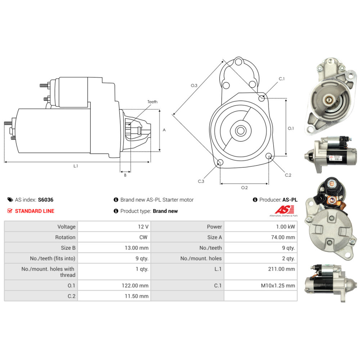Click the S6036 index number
[45, 200]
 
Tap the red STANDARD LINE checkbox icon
[10, 211]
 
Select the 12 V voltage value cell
[114, 226]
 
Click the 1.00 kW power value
[285, 226]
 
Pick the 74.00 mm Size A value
[283, 237]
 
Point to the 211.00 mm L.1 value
[282, 269]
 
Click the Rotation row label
[65, 237]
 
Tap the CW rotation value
[143, 237]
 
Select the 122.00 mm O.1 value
[135, 285]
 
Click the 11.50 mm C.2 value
[136, 296]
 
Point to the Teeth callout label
[152, 102]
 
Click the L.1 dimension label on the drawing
[76, 166]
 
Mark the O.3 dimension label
[194, 85]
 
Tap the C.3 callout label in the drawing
[201, 181]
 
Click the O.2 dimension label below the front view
[244, 188]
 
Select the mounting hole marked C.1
[261, 98]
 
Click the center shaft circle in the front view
[240, 131]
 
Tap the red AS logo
[284, 210]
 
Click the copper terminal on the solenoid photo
[331, 200]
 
